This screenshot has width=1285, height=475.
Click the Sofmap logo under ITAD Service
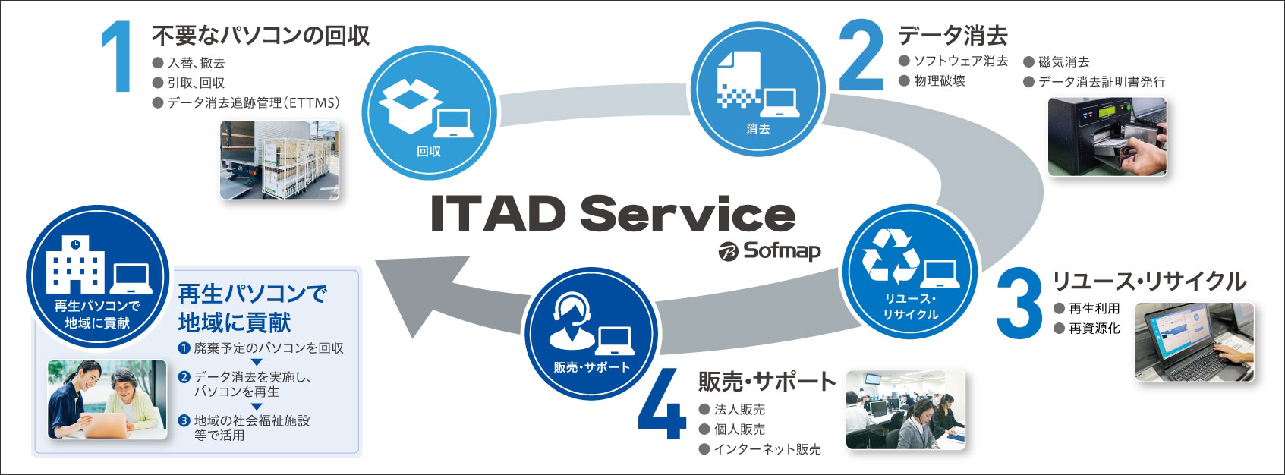click(x=770, y=251)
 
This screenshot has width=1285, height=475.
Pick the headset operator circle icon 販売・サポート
click(x=591, y=334)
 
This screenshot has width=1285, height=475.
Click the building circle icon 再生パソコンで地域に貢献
click(x=98, y=273)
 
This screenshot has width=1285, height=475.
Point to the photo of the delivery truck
click(x=279, y=160)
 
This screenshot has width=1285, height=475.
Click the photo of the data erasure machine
click(x=1107, y=137)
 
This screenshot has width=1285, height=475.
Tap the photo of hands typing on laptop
click(x=1194, y=342)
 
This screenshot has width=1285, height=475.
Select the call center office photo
click(x=905, y=410)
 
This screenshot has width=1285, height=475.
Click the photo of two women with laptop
click(x=107, y=399)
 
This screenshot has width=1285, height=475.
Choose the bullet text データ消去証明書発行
click(x=1101, y=82)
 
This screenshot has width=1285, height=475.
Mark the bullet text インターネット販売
click(x=767, y=449)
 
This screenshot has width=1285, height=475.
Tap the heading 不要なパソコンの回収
click(x=260, y=36)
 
